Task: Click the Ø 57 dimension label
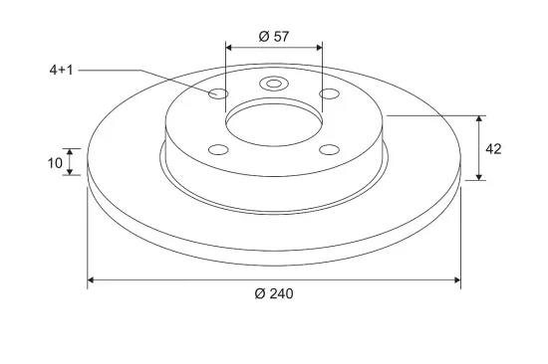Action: pos(274,36)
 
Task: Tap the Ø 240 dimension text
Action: pos(274,293)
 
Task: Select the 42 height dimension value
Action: pos(493,149)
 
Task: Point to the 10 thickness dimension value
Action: pos(55,163)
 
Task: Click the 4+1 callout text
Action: pos(61,71)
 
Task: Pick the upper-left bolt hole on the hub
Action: pos(218,93)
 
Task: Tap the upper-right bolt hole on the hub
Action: pos(329,93)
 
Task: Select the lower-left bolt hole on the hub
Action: pos(218,150)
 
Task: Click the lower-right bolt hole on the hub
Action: pos(329,150)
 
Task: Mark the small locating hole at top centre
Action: pos(274,84)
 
